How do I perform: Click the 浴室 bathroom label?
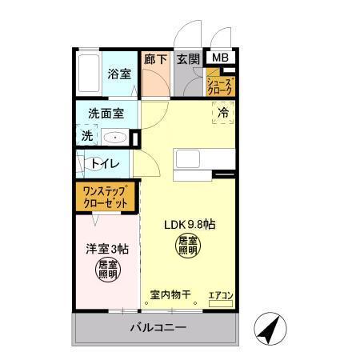119,74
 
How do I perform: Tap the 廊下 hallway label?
154,58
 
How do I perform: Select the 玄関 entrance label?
188,58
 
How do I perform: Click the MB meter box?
219,58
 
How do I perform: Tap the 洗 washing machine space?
86,136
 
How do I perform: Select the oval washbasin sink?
117,137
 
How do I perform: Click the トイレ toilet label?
105,164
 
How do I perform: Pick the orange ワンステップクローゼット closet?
106,198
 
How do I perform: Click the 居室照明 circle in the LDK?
188,246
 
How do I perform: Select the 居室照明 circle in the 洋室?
106,270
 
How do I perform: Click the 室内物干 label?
170,295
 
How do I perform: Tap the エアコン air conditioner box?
220,296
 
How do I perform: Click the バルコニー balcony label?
158,328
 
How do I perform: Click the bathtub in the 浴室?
89,74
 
